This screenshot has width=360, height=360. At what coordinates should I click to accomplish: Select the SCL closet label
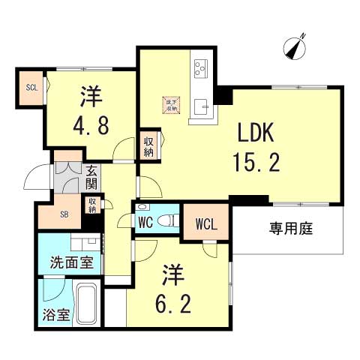31,87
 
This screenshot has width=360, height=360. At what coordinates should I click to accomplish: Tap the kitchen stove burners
200,70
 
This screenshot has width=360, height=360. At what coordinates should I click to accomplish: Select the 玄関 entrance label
91,178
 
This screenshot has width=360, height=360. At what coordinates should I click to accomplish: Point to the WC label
145,223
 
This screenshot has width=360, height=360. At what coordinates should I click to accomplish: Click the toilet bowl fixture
169,220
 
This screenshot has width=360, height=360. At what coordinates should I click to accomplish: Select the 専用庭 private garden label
291,229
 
